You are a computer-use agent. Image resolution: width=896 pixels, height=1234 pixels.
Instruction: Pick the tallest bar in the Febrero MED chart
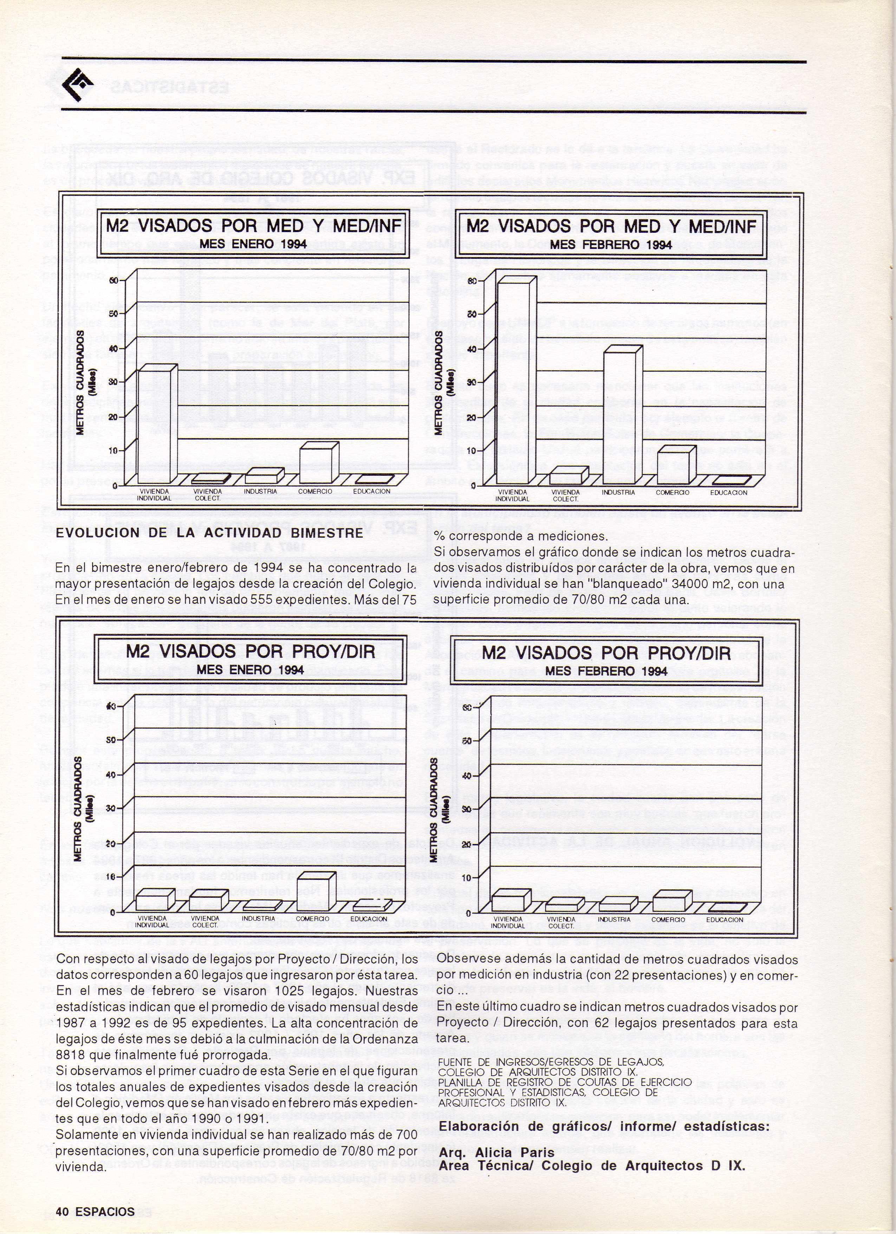[513, 381]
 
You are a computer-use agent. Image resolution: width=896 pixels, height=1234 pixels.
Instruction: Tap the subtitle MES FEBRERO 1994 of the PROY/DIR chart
[606, 671]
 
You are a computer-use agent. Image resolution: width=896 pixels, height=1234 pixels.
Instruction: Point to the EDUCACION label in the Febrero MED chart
[728, 492]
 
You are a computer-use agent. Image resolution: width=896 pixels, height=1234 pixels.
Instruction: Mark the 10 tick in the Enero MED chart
[113, 450]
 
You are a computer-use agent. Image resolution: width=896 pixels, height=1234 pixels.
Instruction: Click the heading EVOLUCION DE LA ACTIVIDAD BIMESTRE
[209, 533]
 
